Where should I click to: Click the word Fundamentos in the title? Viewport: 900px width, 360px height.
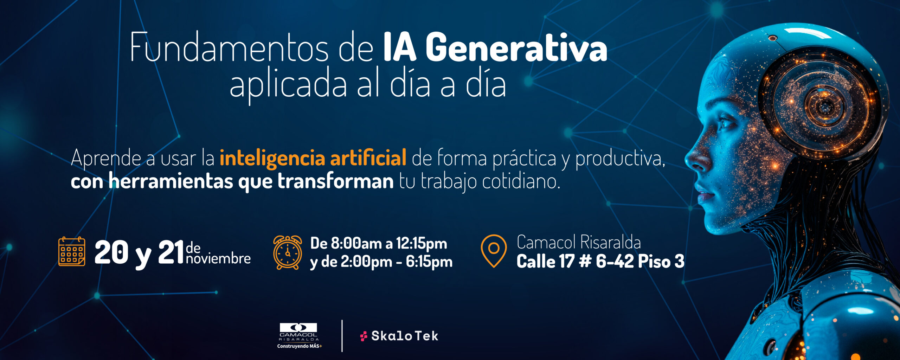tap(229, 47)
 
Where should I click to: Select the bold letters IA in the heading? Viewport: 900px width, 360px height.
tap(399, 47)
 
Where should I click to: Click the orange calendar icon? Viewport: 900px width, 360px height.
tap(72, 251)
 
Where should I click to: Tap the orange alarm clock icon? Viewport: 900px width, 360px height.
tap(288, 252)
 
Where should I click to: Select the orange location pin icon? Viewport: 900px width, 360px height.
tap(494, 251)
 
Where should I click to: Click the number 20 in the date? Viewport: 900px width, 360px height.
tap(111, 252)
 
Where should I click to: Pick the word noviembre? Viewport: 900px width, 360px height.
tap(218, 259)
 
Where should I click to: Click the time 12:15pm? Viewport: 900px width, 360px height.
tap(422, 243)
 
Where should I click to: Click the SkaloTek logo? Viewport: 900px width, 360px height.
tap(399, 336)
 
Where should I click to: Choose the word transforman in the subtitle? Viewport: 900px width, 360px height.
tap(335, 181)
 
